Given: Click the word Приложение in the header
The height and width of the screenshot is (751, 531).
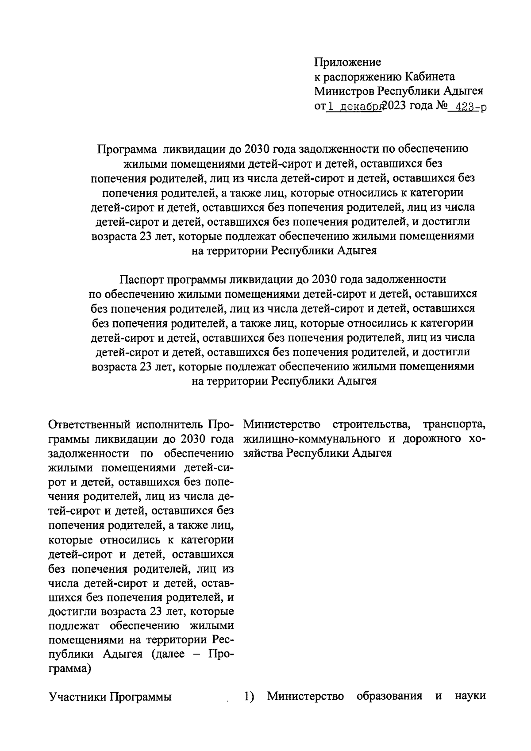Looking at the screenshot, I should [347, 62].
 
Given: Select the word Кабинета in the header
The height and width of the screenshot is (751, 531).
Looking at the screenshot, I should [431, 77].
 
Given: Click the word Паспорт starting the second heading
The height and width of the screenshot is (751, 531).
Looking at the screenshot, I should [141, 279].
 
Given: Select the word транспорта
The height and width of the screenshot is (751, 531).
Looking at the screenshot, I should [454, 425].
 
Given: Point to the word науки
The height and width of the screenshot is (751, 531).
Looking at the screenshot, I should [470, 697].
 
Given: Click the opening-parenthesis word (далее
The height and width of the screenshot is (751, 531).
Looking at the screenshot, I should [168, 654].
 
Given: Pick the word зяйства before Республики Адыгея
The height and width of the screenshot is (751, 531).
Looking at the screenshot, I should [263, 454].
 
